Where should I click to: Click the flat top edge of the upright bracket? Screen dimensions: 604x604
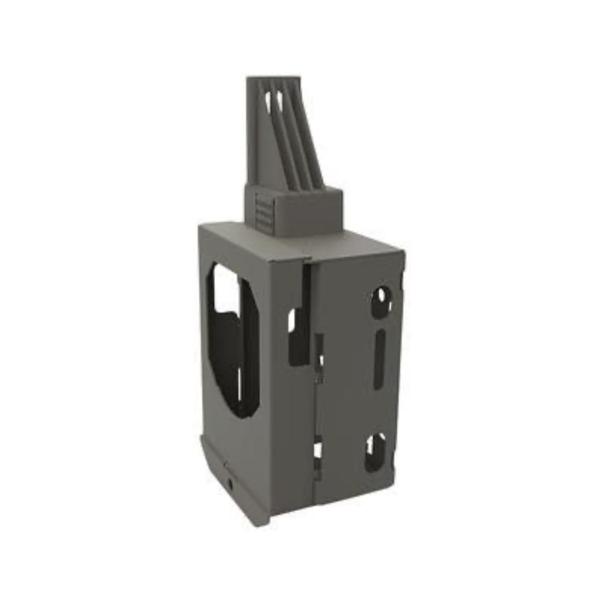[273, 78]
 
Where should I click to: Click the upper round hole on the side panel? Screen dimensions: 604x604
[381, 300]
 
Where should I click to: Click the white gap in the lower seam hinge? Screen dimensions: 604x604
[318, 451]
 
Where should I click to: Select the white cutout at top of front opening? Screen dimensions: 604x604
[226, 289]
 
